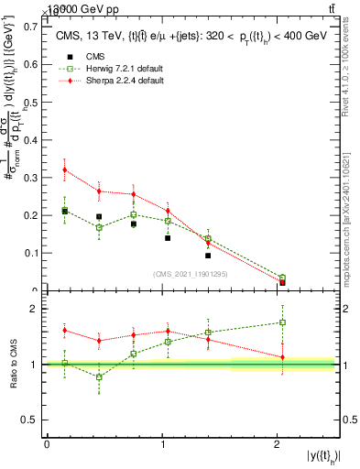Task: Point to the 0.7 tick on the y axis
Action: tap(33, 27)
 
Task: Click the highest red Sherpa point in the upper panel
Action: tap(64, 169)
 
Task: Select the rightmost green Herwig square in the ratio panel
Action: tap(282, 322)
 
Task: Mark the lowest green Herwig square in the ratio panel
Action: tap(99, 376)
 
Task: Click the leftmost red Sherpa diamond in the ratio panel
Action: tap(64, 330)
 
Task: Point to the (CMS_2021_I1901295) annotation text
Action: tap(190, 273)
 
